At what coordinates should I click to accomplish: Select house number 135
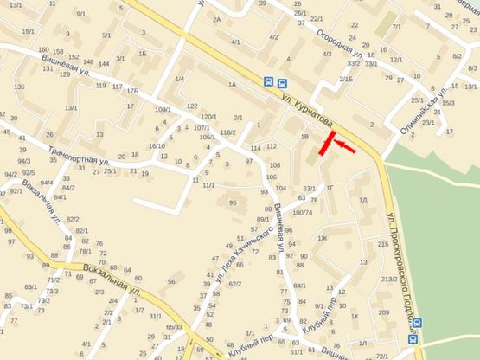click(19, 87)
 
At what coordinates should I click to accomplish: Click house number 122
click(191, 106)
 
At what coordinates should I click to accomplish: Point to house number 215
click(383, 245)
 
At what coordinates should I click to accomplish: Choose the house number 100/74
click(303, 212)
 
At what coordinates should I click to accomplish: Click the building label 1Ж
click(323, 238)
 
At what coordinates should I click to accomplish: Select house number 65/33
click(174, 327)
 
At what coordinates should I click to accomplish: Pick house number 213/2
click(388, 279)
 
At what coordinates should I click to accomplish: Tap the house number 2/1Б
click(346, 80)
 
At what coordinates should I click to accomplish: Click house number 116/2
click(227, 132)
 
